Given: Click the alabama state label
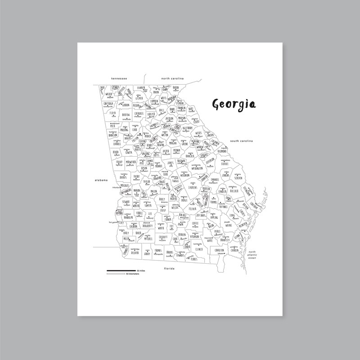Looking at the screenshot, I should pos(101,180).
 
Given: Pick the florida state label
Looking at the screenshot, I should pos(169,268).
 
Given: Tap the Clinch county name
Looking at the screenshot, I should pos(200,248).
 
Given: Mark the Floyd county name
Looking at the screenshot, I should pos(112,113).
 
